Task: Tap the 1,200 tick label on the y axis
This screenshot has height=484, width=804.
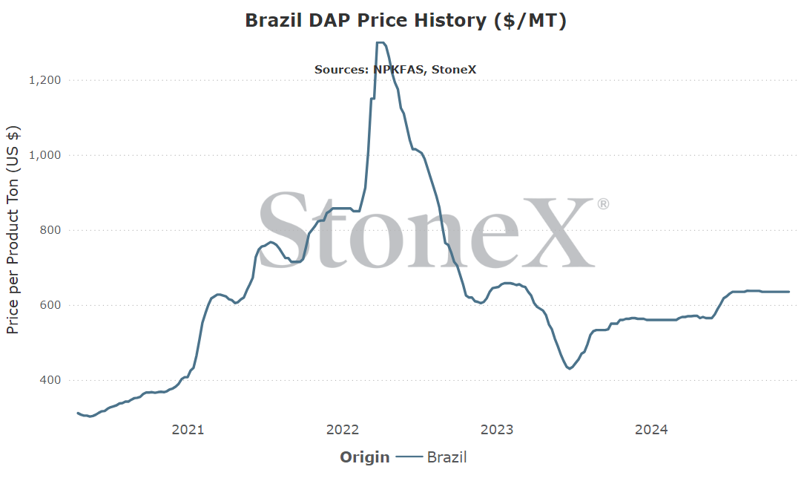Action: point(45,80)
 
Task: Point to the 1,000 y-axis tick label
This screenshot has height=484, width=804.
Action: point(45,155)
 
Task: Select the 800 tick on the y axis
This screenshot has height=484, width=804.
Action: point(50,230)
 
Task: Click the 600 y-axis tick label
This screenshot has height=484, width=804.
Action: point(50,305)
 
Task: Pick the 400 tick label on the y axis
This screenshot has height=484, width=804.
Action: point(50,380)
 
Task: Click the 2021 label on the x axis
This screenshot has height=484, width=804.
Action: point(188,430)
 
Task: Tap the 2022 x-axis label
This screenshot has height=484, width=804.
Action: point(343,430)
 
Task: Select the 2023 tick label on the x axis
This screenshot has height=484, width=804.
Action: point(497,430)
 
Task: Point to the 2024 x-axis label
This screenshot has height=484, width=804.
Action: point(651,430)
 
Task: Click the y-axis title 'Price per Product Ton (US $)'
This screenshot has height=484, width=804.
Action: point(13,230)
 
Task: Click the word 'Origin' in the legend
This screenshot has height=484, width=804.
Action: point(365,457)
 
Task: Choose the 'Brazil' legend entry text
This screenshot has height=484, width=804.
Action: point(447,457)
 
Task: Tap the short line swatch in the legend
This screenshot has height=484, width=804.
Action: point(409,457)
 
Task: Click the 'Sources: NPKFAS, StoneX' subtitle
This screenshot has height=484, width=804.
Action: point(395,69)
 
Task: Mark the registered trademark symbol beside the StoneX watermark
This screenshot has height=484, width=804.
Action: point(603,204)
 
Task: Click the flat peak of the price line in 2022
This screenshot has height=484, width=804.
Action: point(380,42)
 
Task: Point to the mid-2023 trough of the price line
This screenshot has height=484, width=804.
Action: point(569,368)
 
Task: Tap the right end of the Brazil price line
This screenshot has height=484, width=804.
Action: point(788,292)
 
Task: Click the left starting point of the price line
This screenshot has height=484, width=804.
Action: point(78,413)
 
